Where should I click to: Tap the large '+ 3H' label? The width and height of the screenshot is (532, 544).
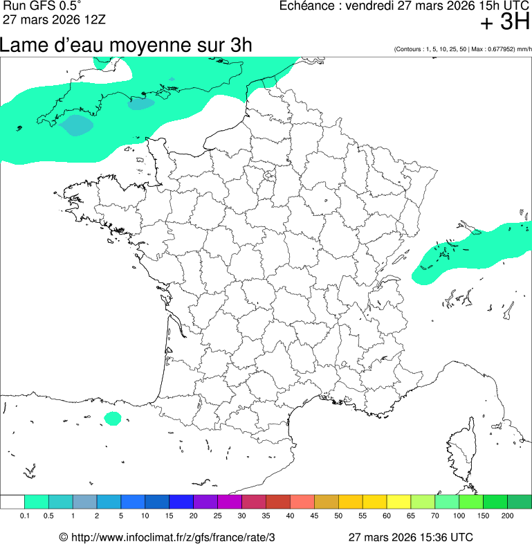click(x=504, y=23)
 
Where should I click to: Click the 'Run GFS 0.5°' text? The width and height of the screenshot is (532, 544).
click(x=42, y=6)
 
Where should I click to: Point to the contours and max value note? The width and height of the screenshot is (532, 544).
click(x=462, y=49)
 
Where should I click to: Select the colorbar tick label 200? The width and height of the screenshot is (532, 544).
click(x=507, y=516)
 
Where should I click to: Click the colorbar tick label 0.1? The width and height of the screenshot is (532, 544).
click(x=24, y=516)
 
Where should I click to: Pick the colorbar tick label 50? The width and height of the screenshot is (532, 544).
click(x=338, y=516)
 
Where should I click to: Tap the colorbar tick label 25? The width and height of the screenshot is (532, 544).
click(x=217, y=516)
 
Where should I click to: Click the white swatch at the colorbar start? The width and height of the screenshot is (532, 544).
click(x=12, y=502)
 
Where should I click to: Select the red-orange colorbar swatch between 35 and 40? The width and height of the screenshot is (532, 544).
click(x=277, y=502)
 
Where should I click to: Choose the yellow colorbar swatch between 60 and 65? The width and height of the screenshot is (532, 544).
click(x=398, y=502)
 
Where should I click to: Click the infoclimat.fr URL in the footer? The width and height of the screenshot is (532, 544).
click(x=173, y=537)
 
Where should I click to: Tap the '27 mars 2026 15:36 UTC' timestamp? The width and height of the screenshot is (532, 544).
click(x=410, y=537)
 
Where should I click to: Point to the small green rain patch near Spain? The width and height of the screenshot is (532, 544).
click(x=112, y=418)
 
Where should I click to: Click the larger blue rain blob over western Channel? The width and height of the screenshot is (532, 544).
click(x=76, y=125)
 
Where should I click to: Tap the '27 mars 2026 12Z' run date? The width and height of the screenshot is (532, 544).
click(x=55, y=19)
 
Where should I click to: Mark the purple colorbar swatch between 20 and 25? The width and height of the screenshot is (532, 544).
click(x=205, y=502)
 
